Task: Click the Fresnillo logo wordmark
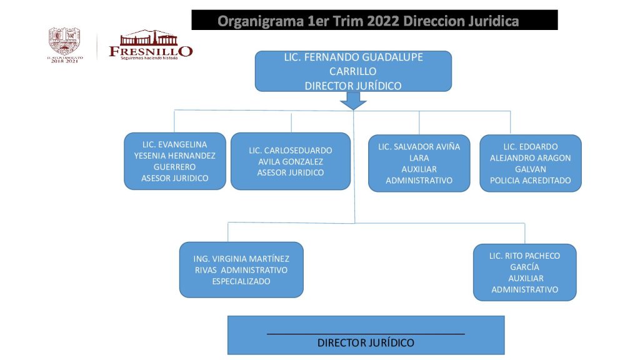151,50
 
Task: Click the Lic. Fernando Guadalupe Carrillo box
353,71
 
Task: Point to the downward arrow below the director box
354,100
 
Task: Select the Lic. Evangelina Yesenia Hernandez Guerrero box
174,161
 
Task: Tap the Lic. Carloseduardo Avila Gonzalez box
290,161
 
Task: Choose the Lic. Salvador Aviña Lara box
419,164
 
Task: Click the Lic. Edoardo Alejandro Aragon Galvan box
530,164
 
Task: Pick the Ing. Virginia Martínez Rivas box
241,269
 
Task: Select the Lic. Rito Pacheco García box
524,272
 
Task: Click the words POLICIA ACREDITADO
530,181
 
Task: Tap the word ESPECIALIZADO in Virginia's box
241,281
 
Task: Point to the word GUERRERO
174,167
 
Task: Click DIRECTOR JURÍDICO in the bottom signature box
366,342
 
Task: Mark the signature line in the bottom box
366,334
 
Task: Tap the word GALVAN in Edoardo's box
530,169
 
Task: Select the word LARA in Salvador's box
419,158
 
